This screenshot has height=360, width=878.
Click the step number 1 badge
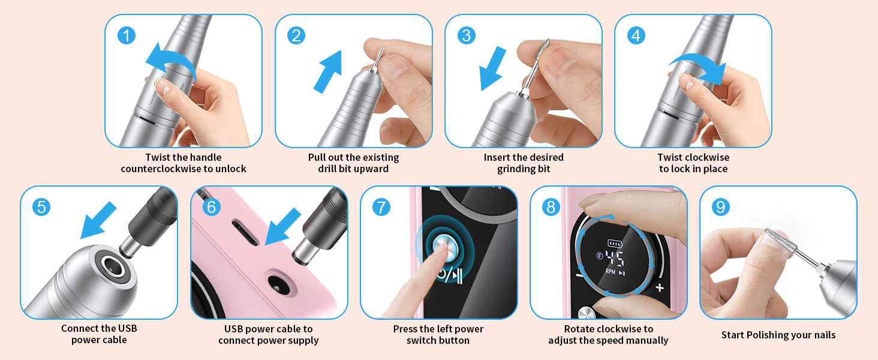pyautogui.click(x=127, y=35)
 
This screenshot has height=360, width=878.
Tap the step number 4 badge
pyautogui.click(x=636, y=35)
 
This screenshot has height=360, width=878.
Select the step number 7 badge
pyautogui.click(x=381, y=207)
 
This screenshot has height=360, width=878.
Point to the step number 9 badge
pyautogui.click(x=721, y=207)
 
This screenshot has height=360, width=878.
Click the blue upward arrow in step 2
pyautogui.click(x=329, y=71)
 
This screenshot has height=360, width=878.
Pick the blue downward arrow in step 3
pyautogui.click(x=495, y=70)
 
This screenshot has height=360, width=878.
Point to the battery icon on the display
pyautogui.click(x=615, y=243)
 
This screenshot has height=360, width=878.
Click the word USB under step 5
pyautogui.click(x=127, y=329)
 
